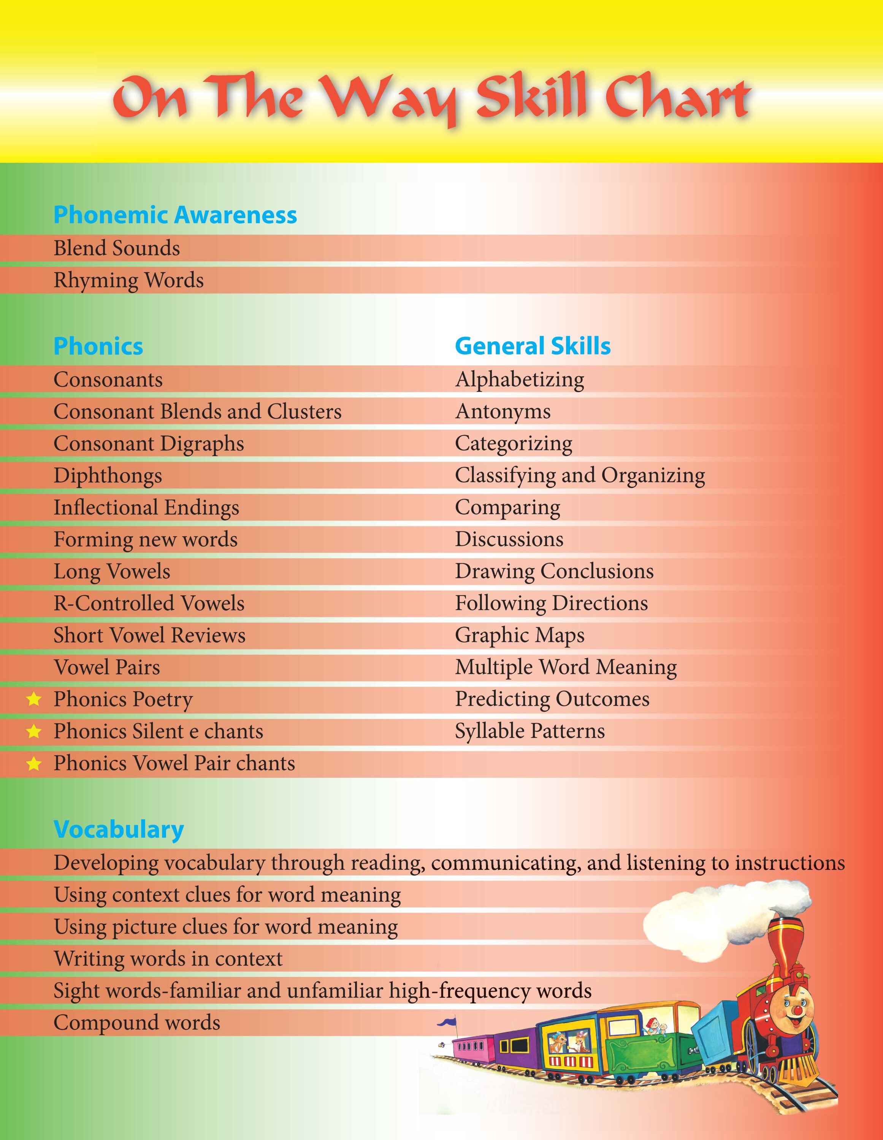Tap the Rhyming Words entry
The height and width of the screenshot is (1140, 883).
click(x=128, y=280)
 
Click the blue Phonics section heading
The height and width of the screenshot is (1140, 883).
click(x=98, y=346)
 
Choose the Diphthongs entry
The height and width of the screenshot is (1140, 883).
click(x=108, y=475)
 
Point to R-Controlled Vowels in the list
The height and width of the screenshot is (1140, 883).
click(x=149, y=603)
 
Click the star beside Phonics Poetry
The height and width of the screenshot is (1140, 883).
click(x=34, y=699)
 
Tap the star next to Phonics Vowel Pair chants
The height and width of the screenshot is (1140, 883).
click(x=34, y=764)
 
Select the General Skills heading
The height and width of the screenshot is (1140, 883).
click(x=533, y=346)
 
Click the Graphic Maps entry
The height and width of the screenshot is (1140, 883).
click(x=520, y=635)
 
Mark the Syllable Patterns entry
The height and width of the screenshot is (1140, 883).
click(x=529, y=731)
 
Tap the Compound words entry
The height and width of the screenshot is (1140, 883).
click(x=137, y=1023)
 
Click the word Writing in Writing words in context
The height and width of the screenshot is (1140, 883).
click(x=87, y=958)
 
